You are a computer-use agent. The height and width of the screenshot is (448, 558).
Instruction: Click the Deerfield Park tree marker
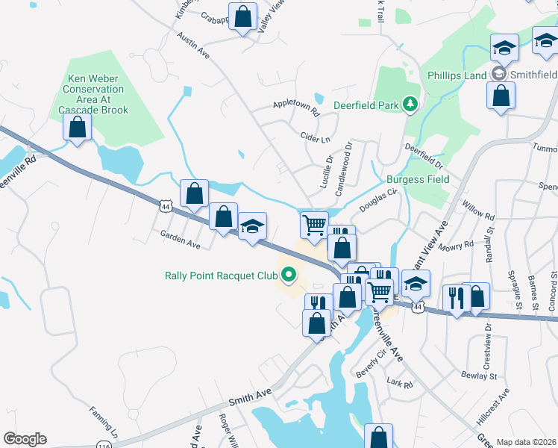[409, 105]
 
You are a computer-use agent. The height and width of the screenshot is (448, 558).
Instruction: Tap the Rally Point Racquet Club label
[221, 275]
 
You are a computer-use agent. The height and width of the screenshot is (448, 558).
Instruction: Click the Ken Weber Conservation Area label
[98, 94]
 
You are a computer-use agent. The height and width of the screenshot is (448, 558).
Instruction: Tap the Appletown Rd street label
[296, 108]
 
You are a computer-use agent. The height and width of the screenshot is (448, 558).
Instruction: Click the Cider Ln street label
[315, 139]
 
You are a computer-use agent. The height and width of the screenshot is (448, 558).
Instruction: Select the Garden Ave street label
[181, 239]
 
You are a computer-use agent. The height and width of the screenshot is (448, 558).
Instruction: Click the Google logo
[25, 439]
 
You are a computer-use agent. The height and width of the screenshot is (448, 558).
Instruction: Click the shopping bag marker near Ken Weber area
[77, 128]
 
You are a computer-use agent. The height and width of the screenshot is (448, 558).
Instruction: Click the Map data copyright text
[526, 442]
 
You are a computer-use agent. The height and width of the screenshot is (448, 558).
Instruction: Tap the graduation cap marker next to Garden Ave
[253, 226]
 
